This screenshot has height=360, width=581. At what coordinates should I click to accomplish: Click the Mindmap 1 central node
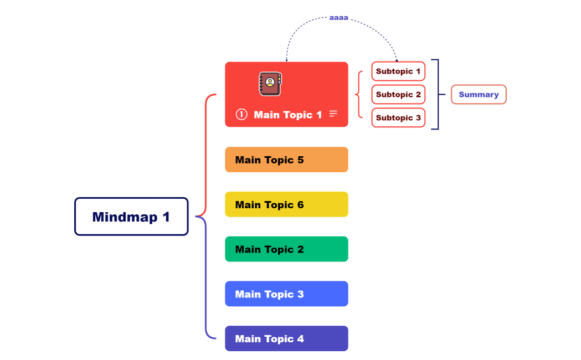131,217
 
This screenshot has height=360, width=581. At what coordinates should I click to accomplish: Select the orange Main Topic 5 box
286,160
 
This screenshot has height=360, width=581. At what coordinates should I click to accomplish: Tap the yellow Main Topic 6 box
286,204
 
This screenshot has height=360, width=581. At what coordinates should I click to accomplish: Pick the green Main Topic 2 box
286,249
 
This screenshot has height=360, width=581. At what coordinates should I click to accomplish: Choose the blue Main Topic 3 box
286,294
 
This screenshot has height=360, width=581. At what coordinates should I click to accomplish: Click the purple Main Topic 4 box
286,338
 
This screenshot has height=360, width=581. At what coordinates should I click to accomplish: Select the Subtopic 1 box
398,71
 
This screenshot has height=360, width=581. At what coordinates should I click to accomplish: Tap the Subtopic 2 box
398,95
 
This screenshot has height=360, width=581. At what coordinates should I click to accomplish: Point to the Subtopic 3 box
398,118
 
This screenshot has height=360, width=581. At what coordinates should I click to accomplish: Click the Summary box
479,95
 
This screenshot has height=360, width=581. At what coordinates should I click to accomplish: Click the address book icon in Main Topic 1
270,84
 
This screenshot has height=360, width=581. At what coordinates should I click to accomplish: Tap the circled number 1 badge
241,115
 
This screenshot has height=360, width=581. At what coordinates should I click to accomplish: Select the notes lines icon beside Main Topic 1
333,114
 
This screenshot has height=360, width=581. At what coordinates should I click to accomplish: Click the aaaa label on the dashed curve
338,18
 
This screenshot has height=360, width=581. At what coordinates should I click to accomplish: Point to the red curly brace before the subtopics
358,95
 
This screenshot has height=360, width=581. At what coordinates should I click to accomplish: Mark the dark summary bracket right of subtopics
437,95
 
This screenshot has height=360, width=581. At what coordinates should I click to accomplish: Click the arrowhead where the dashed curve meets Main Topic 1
286,60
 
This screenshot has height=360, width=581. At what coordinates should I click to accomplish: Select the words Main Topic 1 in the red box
287,115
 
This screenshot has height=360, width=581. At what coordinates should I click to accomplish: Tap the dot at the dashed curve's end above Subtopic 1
397,60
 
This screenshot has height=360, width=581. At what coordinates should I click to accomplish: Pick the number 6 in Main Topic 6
300,204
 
